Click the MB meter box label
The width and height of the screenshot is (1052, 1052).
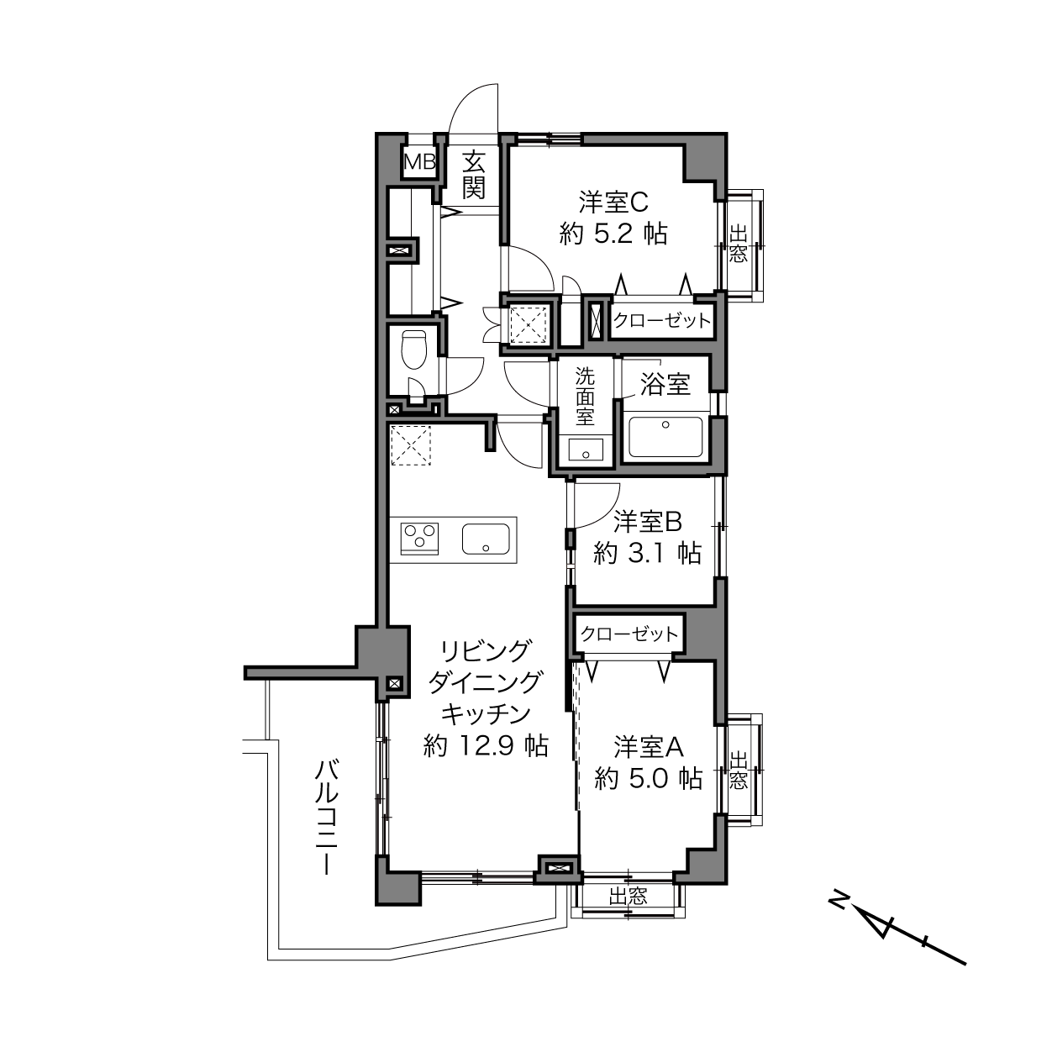point(419,162)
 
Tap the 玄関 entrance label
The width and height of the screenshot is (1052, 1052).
point(473,176)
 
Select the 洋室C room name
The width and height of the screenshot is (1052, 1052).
point(613,203)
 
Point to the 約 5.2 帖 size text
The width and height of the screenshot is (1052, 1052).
point(613,234)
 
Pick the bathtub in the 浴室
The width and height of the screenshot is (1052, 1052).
point(665,437)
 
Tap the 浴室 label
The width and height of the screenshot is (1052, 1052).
point(665,384)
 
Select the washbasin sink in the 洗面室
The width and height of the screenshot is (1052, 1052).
point(586,450)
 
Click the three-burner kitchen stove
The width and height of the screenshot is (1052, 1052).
point(419,538)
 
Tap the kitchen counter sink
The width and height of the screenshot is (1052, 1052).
point(486,539)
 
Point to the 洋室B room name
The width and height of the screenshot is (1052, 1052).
point(648,522)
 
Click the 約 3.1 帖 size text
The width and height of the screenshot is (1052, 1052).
point(648,554)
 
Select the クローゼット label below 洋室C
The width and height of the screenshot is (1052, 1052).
point(661,320)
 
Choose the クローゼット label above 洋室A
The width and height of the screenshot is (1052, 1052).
point(629,634)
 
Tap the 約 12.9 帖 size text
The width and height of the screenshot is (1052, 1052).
point(486,746)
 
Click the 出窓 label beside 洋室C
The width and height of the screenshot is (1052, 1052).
point(738,245)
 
